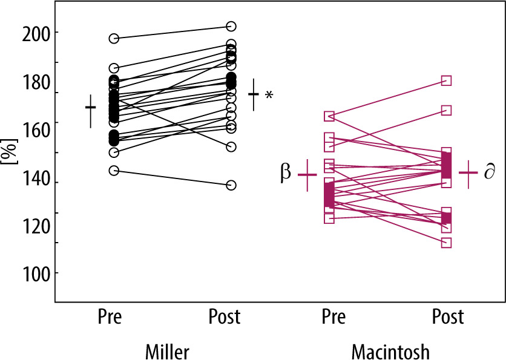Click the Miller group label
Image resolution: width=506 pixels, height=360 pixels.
click(168, 351)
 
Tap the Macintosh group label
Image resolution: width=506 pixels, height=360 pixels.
click(390, 351)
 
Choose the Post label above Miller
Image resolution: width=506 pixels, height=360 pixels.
click(225, 316)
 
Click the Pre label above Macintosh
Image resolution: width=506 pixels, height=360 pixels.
click(333, 316)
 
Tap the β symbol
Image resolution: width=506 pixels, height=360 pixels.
click(286, 172)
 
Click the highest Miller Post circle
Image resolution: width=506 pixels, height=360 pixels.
click(231, 27)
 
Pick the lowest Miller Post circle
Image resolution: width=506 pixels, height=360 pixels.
click(231, 185)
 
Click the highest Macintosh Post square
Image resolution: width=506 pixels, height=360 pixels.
click(446, 80)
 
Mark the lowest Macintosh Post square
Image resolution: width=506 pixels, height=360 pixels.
click(446, 243)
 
